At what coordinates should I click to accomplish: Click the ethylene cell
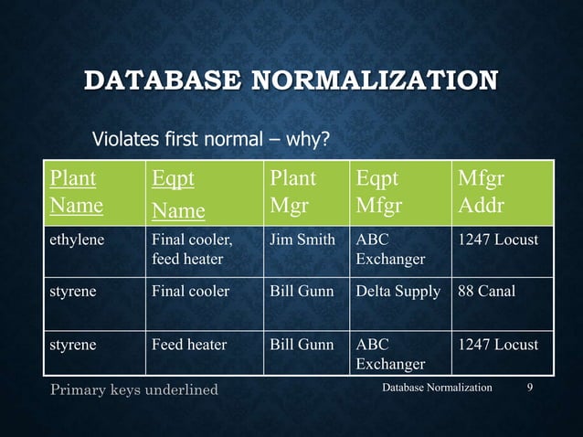[x=77, y=240]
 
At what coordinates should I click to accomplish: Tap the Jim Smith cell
[x=302, y=240]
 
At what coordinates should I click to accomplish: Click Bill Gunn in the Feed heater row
[x=302, y=345]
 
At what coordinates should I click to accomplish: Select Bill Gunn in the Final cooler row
[x=302, y=292]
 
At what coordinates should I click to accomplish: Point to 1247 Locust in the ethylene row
[x=498, y=240]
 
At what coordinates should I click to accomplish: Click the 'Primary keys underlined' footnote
[x=134, y=389]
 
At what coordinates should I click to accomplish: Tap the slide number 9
[x=531, y=388]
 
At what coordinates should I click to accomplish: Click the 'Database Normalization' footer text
[x=437, y=388]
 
